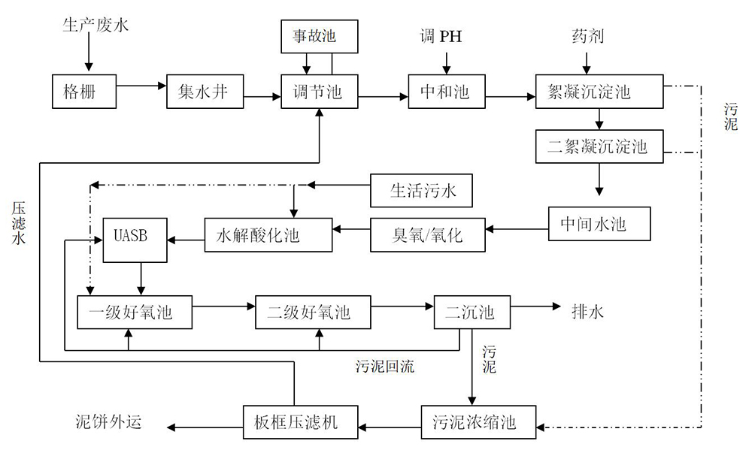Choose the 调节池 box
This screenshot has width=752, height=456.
coord(319,92)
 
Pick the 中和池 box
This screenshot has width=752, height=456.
coord(444,92)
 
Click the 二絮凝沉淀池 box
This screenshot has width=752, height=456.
coord(599,147)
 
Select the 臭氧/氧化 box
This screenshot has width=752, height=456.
coord(429,235)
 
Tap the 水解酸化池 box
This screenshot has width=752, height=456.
coord(268,235)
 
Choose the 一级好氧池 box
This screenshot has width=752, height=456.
coord(135,311)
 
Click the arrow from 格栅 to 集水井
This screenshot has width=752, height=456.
coord(142,85)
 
